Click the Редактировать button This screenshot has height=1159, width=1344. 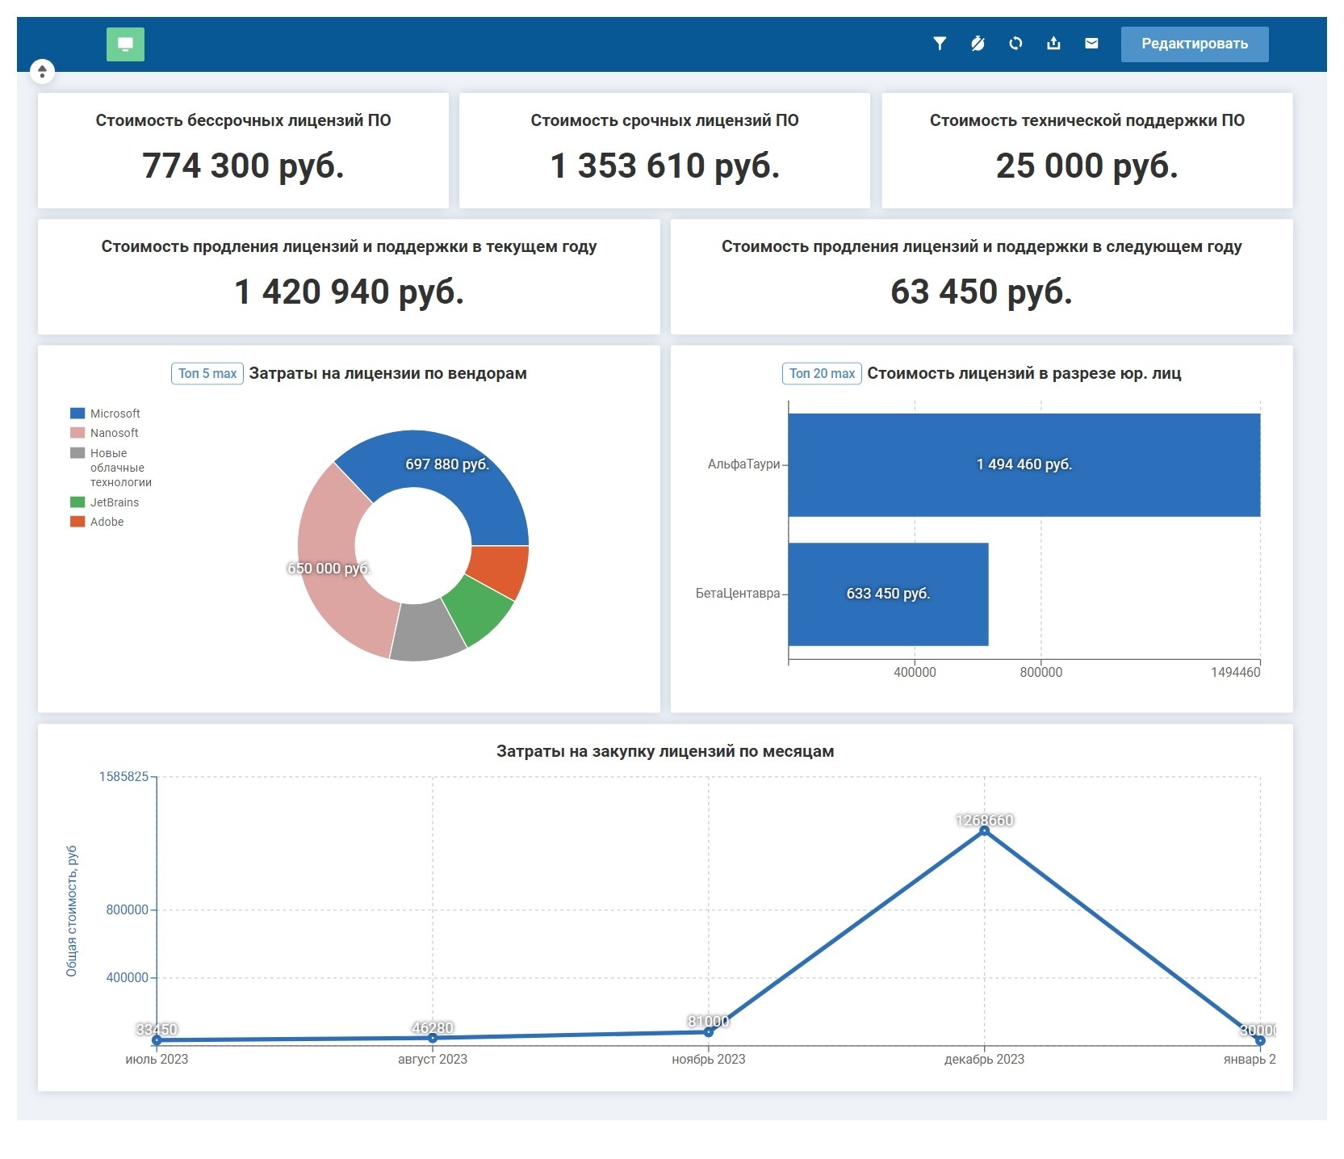point(1194,44)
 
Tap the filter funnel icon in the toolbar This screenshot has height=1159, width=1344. point(940,44)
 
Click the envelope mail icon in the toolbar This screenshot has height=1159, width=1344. point(1091,44)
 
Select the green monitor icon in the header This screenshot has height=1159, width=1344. point(125,44)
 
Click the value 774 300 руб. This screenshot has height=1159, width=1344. point(243,166)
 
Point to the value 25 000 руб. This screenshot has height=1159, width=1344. point(1087,166)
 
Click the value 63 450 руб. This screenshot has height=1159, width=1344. point(981,292)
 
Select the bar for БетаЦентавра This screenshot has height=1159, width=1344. point(888,594)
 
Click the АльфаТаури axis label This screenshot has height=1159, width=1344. point(743,464)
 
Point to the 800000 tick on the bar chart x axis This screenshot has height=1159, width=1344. point(1040,672)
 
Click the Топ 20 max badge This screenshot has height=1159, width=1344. point(822,373)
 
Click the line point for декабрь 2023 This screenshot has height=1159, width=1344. point(984,830)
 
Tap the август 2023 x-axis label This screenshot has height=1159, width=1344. point(432,1059)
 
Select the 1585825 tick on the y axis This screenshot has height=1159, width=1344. point(124,777)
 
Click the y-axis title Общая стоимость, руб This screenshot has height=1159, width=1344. point(72,910)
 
